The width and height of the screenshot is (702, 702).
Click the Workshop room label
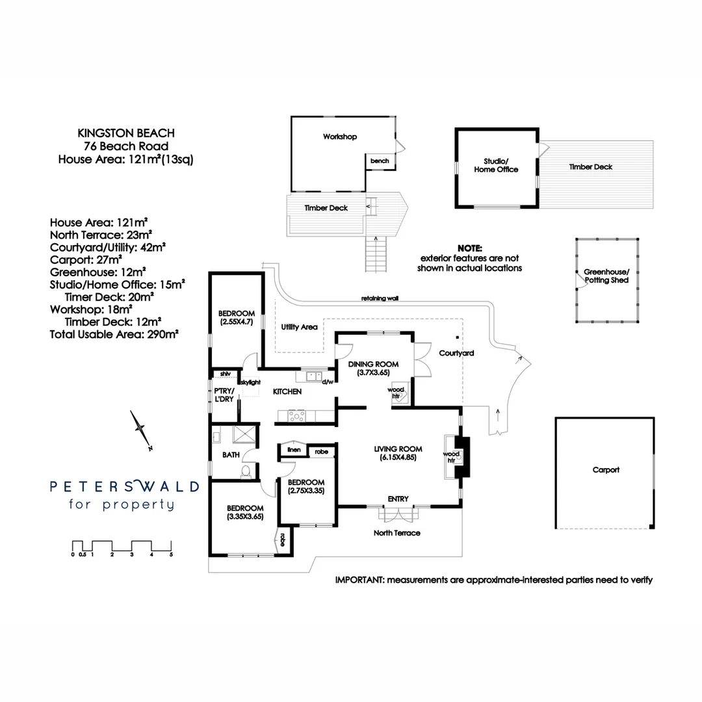pos(340,137)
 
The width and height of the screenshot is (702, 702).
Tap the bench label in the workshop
pos(380,161)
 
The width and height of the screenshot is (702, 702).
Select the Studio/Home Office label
pos(500,165)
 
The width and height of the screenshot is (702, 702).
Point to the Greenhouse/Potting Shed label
pos(606,276)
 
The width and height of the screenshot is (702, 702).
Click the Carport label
pos(606,470)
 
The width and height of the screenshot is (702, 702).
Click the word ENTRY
pos(398,499)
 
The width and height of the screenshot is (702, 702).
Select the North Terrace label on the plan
pos(396,533)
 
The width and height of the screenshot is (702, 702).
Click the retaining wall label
pos(380,299)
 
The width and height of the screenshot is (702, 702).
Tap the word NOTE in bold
pos(470,249)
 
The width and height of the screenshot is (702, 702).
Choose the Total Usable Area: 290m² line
pos(114,334)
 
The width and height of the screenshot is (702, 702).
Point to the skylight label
pos(250,383)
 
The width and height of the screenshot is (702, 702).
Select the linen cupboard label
pos(293,450)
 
